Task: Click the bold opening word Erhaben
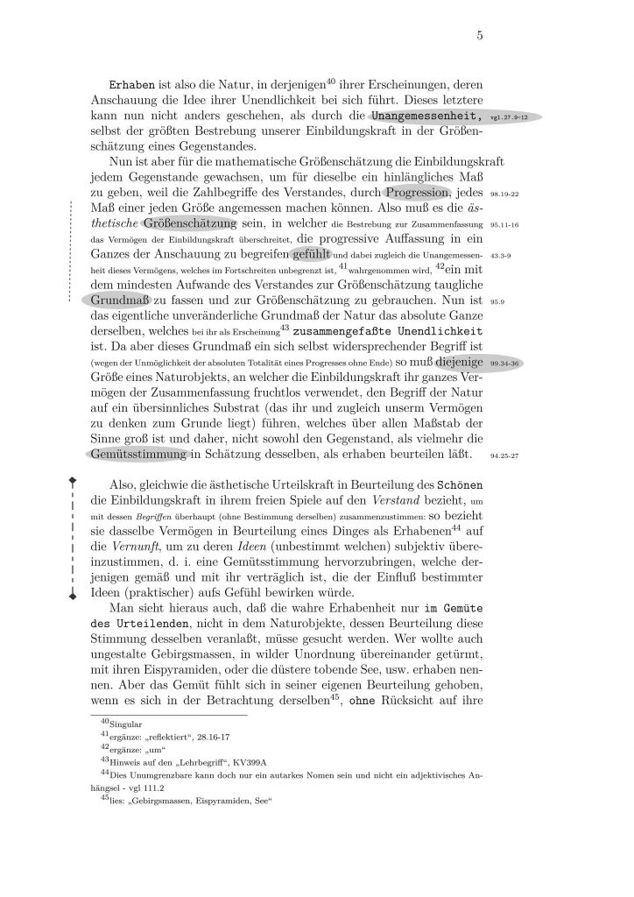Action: [x=131, y=87]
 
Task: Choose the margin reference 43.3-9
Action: [x=501, y=256]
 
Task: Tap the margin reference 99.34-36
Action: [x=504, y=361]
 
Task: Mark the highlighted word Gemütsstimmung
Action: [x=139, y=454]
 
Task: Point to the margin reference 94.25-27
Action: [x=505, y=456]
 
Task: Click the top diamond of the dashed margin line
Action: [x=74, y=479]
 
